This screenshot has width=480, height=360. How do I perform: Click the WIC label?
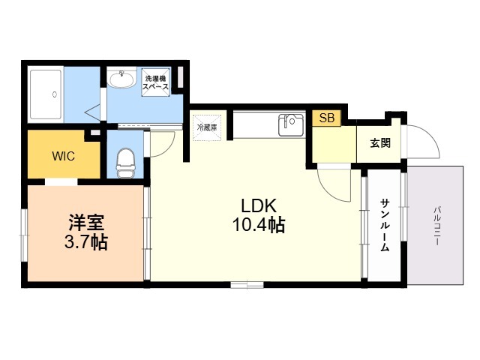[x=63, y=156]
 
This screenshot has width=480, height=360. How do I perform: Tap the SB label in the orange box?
[x=327, y=118]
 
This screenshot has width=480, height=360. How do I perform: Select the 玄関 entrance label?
[x=380, y=143]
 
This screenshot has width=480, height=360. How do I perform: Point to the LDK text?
[x=259, y=205]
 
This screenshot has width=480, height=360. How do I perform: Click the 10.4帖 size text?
[x=259, y=225]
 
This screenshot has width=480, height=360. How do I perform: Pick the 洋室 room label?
[x=86, y=223]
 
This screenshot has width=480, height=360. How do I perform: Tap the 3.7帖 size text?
[x=86, y=242]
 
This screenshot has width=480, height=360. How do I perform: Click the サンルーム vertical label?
[x=385, y=225]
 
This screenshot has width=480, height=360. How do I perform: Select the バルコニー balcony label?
[x=437, y=226]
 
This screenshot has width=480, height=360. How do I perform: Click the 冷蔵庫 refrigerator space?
[x=207, y=127]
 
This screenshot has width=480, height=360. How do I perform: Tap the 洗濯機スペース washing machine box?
[x=155, y=82]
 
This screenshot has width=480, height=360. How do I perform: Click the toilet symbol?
[x=125, y=163]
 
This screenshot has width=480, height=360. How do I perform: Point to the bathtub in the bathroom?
[x=46, y=94]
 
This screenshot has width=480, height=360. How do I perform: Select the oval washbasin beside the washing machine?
[x=121, y=79]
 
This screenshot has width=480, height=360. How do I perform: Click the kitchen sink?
[x=291, y=125]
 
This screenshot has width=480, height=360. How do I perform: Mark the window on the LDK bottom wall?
[x=247, y=285]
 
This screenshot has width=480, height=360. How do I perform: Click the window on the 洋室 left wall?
[x=24, y=235]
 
